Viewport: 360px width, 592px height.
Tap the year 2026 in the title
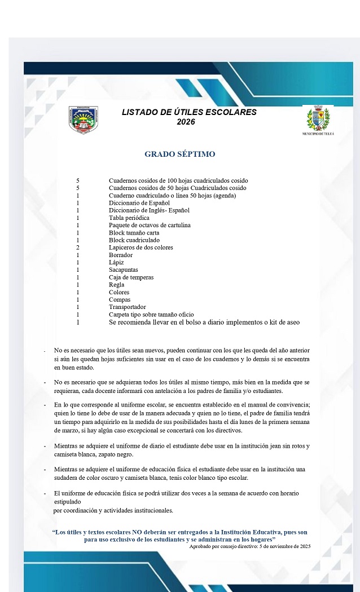click(186, 122)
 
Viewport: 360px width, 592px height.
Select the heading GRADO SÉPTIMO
click(179, 154)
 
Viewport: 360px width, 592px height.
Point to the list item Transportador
click(128, 307)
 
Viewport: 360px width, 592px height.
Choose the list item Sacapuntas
click(124, 270)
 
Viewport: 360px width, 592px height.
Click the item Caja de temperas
click(131, 277)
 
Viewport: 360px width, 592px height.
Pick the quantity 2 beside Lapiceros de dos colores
click(78, 248)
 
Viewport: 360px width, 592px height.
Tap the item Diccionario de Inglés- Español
click(149, 210)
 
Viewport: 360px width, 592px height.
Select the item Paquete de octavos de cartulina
click(150, 225)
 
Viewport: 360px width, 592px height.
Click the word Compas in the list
click(120, 300)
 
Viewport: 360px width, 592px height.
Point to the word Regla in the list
click(117, 285)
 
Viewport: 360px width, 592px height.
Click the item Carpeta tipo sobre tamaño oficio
click(151, 315)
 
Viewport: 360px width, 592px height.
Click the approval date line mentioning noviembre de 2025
click(249, 546)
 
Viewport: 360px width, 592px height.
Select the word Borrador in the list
click(121, 255)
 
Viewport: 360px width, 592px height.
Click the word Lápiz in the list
click(116, 262)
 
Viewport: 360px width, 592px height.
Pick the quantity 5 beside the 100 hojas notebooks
click(78, 180)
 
